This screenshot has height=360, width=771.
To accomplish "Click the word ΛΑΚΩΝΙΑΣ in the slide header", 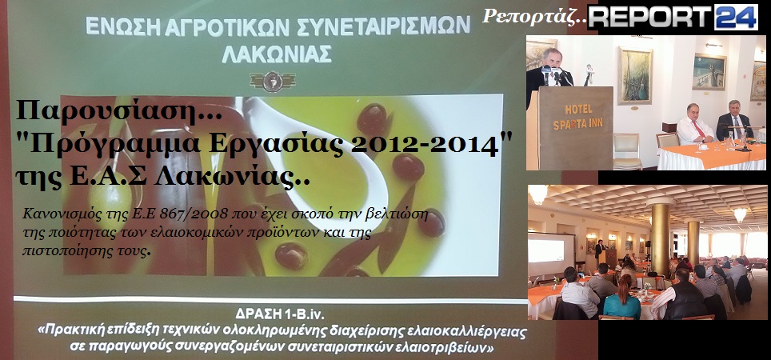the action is coord(277,54).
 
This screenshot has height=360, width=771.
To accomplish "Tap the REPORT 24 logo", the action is coord(673,18).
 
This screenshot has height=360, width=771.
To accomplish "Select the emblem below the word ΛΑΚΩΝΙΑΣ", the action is coord(273,82).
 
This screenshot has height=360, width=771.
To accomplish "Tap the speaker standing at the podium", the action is coord(549,74).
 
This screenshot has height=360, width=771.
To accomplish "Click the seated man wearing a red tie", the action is coord(695,125).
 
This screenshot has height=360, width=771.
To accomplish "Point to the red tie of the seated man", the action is coord(698,130).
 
